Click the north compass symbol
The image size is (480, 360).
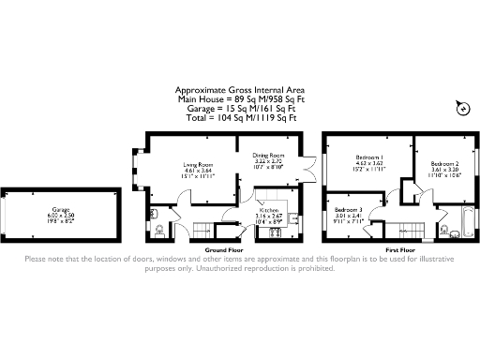click(x=460, y=111)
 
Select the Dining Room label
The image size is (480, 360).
click(x=268, y=155)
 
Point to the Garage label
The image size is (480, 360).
click(x=61, y=208)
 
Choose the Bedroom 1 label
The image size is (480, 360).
click(x=367, y=157)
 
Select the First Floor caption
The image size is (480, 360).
click(x=400, y=250)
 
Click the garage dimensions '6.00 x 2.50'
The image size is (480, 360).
click(x=61, y=215)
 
